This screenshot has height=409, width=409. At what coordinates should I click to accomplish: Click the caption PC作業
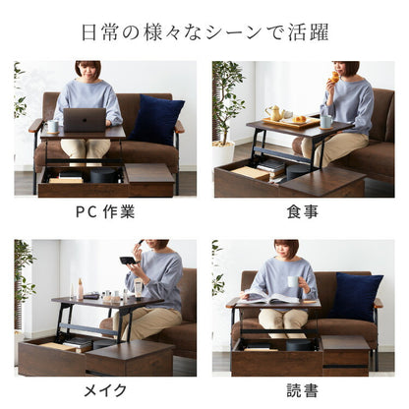106,211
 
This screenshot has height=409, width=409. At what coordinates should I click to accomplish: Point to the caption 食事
303,211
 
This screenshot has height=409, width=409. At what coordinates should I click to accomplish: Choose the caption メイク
106,390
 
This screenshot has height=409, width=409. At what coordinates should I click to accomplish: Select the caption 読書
303,390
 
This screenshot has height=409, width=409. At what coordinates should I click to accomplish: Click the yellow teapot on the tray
274,113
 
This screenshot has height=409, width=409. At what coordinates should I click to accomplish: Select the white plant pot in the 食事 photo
224,153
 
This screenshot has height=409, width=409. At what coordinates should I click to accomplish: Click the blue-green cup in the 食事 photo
325,119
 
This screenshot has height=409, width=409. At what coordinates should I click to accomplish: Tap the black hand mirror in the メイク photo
128,261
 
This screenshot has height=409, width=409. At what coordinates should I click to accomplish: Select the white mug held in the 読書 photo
292,282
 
